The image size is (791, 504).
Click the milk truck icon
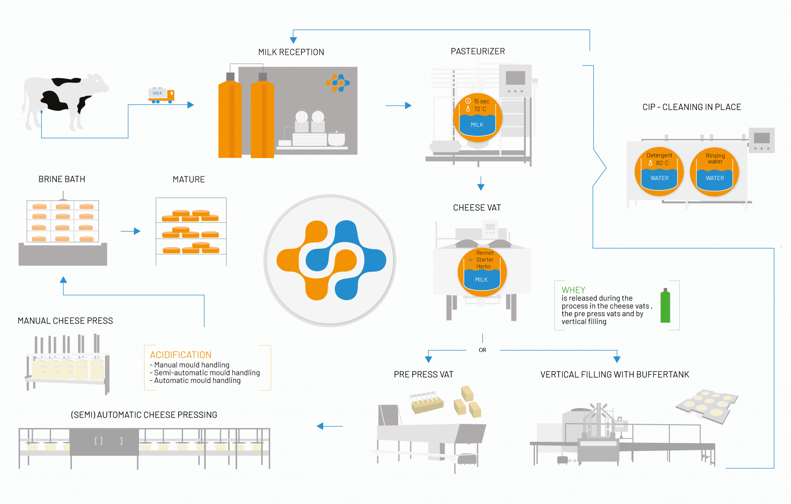tap(161, 95)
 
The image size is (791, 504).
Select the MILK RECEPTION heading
tap(291, 52)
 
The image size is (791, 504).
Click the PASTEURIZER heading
tap(478, 51)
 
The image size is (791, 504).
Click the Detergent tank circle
tap(659, 171)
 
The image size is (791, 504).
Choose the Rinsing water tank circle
tap(714, 171)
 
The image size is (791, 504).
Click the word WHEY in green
tap(573, 290)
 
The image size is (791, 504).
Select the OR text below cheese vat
tap(482, 350)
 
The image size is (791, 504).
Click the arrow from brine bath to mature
tap(131, 231)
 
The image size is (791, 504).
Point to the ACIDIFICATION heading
tap(180, 355)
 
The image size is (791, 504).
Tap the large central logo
tap(330, 260)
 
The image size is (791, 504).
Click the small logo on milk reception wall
tap(338, 83)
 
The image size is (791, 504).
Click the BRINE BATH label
tap(62, 179)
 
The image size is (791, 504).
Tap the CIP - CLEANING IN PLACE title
tap(691, 107)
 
